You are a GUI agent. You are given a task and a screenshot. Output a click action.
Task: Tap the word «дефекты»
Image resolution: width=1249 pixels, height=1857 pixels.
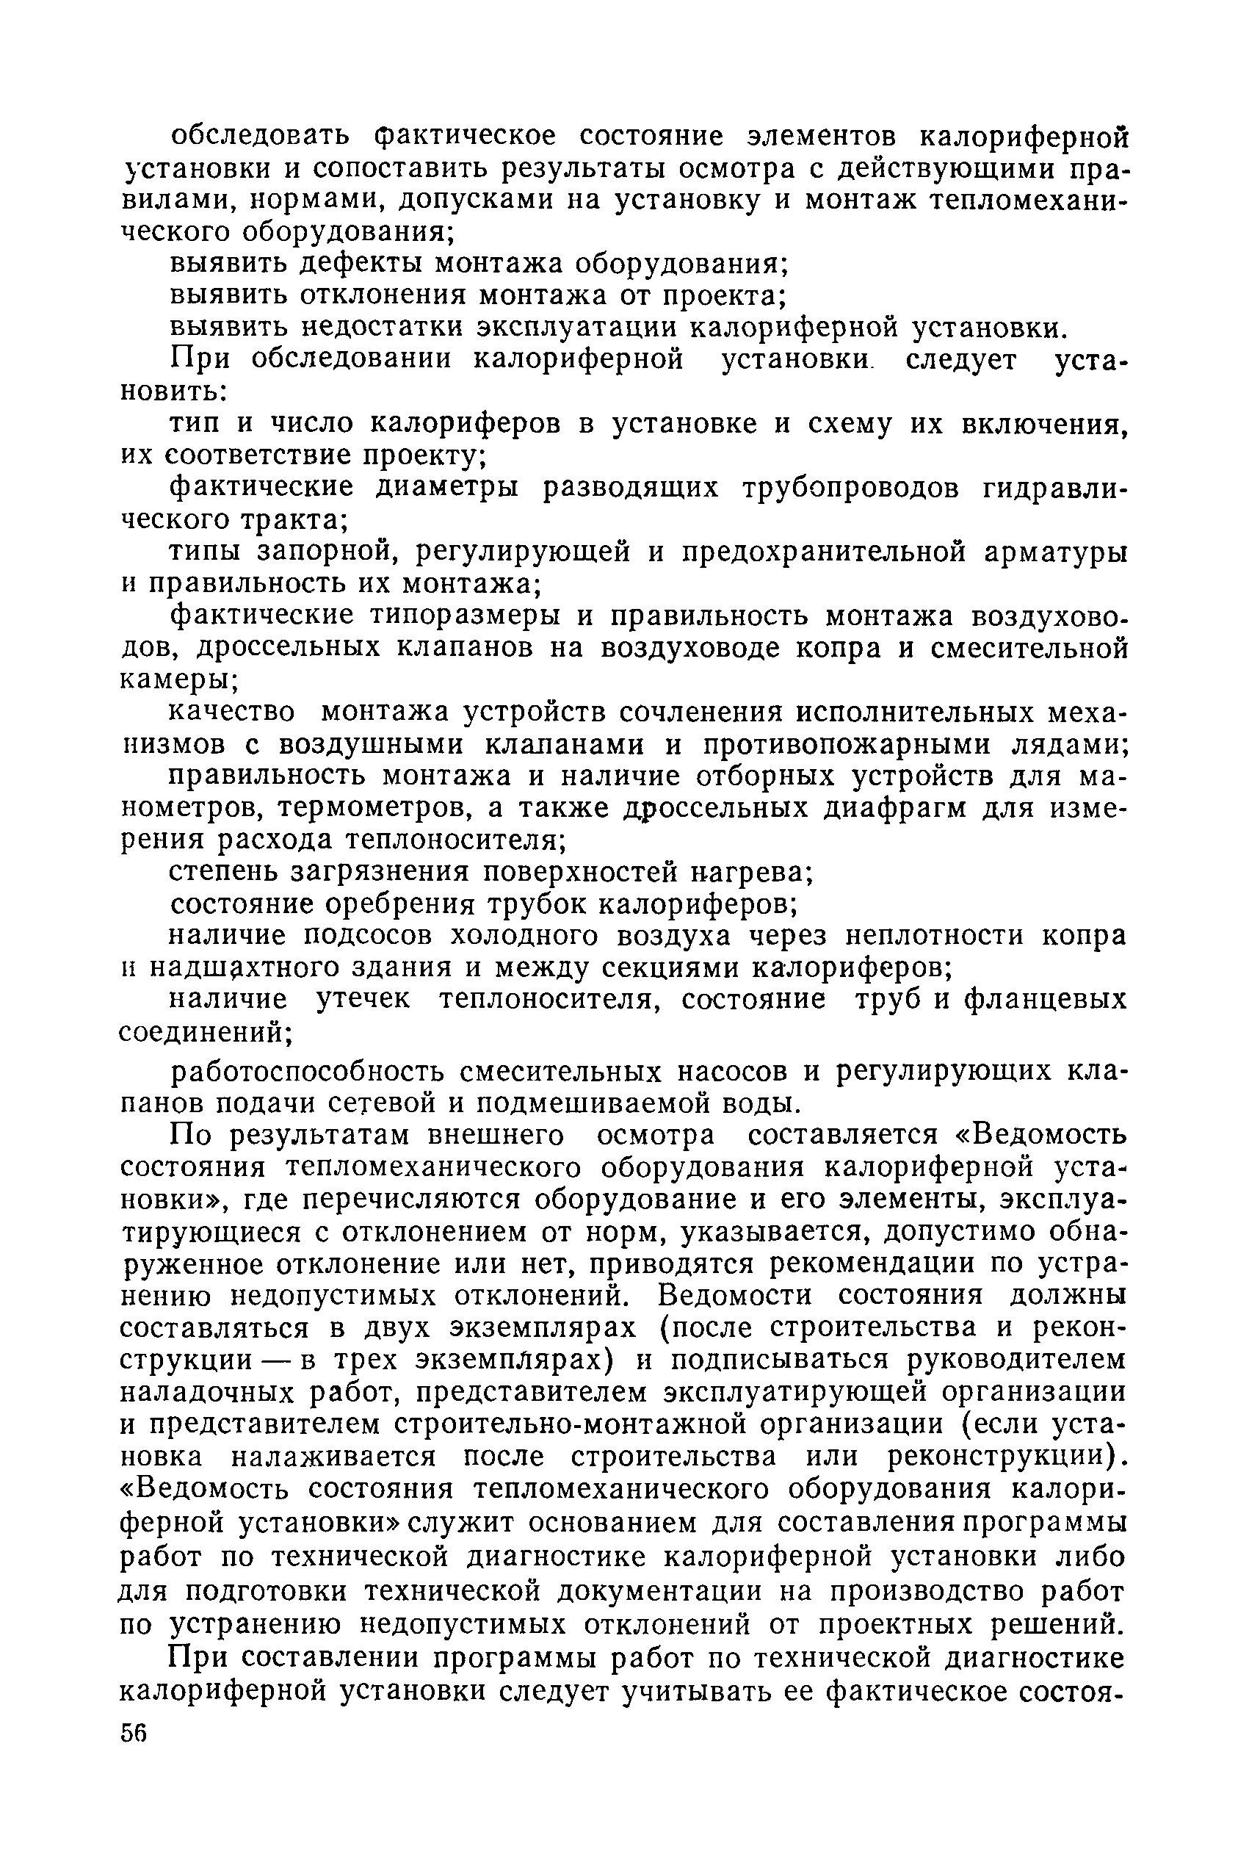click(363, 264)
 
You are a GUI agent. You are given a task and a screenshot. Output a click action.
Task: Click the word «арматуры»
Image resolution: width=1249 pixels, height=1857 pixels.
click(1054, 551)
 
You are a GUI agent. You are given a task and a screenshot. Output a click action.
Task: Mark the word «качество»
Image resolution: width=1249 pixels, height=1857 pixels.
click(232, 711)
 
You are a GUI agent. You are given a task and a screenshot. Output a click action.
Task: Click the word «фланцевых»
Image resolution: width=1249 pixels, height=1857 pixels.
click(1045, 1000)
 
